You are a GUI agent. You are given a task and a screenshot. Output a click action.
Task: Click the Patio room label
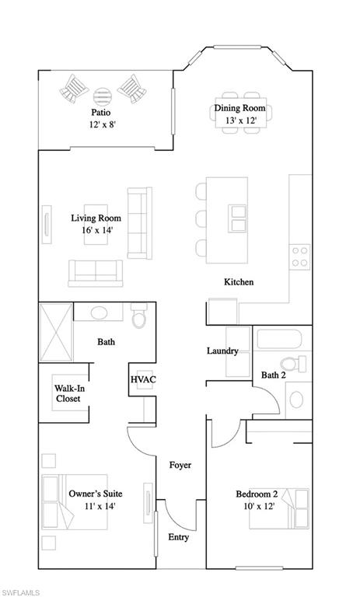(100, 112)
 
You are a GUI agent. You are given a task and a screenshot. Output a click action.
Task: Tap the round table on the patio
(103, 96)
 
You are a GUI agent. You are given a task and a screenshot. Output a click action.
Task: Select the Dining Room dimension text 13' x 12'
(240, 120)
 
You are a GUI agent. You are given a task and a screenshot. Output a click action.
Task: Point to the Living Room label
(96, 218)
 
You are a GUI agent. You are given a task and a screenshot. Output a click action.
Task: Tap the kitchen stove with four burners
(299, 256)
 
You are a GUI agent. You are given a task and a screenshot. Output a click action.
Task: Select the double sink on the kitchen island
(239, 219)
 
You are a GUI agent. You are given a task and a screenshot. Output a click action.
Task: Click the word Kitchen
(239, 282)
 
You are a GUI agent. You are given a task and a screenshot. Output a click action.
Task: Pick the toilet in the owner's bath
(140, 318)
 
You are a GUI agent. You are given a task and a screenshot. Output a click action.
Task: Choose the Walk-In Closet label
(69, 393)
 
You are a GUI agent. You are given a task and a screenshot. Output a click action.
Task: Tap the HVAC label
(143, 379)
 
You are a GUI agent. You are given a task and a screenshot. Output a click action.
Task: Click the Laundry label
(222, 351)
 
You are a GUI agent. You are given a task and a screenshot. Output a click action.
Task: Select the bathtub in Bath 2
(282, 340)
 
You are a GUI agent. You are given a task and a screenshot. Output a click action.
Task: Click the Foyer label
(180, 465)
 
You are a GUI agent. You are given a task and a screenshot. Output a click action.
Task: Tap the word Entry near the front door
(178, 537)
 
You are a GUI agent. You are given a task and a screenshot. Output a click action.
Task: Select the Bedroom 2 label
(257, 494)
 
